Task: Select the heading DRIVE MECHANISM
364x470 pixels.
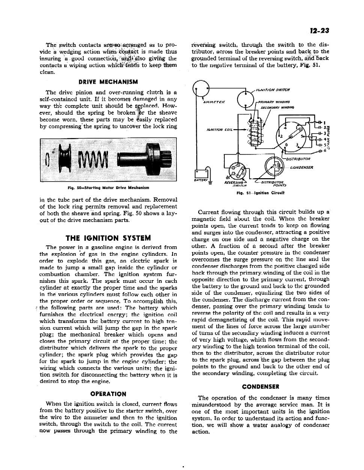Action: coord(108,82)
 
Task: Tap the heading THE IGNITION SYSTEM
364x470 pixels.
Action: coord(108,238)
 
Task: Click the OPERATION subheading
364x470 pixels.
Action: coord(108,394)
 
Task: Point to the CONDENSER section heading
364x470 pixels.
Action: coord(260,387)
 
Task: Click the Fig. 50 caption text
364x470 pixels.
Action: coord(108,188)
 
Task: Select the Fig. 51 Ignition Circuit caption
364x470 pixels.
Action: coord(260,193)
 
